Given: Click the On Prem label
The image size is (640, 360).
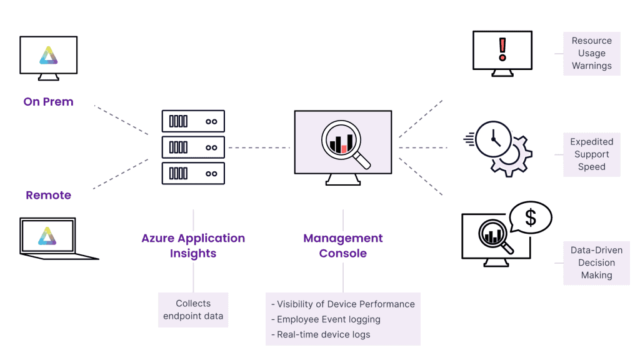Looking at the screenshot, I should (48, 102).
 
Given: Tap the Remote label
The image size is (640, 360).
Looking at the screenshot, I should (48, 195).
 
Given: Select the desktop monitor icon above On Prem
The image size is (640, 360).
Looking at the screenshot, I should (48, 57).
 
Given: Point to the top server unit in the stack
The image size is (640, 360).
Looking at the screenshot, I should (193, 121).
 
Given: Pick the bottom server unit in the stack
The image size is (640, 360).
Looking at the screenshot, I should (193, 173).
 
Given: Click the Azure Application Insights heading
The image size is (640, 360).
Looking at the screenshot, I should (193, 246).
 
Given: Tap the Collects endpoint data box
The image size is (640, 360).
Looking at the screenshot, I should (193, 309).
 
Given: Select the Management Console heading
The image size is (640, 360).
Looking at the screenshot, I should (342, 246).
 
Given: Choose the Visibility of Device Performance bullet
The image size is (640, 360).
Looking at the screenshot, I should (342, 304).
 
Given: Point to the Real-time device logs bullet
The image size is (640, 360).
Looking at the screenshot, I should (320, 334).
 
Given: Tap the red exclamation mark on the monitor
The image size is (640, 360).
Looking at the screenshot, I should (502, 48).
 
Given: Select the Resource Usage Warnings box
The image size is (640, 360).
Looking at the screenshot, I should (591, 53).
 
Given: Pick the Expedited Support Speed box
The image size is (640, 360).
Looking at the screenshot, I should (591, 154).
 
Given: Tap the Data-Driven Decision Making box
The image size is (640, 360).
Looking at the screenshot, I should (596, 262).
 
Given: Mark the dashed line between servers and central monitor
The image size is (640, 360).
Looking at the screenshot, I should (259, 147).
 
